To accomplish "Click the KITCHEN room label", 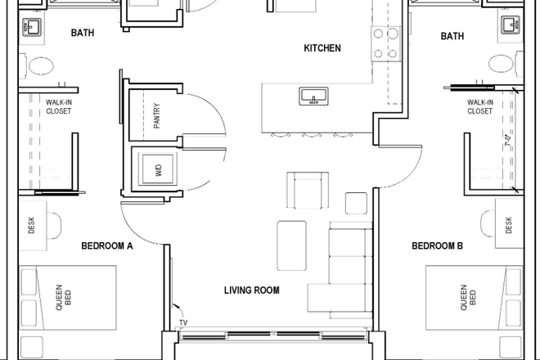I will click(x=322, y=48).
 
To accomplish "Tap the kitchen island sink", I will click(x=313, y=98).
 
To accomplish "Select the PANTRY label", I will click(x=156, y=115).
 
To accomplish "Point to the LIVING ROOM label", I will click(x=252, y=290).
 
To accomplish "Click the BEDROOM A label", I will click(x=107, y=245).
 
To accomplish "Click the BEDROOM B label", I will click(x=437, y=245).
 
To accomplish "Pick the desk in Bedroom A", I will click(x=33, y=225).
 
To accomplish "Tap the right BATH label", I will click(x=452, y=36).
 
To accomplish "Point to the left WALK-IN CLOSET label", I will click(x=57, y=106).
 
